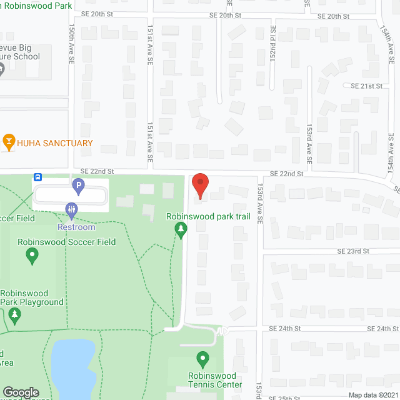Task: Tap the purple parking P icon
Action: [78, 185]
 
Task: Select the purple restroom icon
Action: [71, 211]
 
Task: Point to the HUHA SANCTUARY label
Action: [56, 143]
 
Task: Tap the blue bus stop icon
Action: [39, 177]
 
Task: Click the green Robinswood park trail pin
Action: [181, 231]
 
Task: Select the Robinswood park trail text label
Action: [208, 217]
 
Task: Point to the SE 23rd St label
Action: [354, 251]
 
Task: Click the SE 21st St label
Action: [366, 86]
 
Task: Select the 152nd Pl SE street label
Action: [272, 44]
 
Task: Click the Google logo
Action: [21, 392]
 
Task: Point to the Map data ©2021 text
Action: [372, 394]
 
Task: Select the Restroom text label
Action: [77, 227]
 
